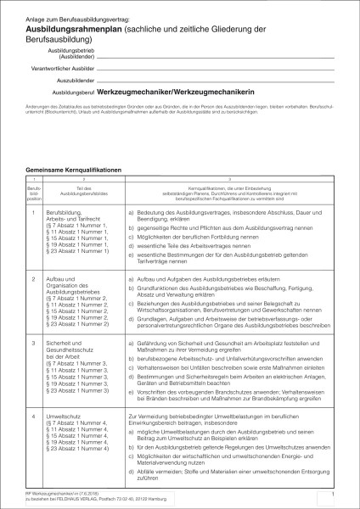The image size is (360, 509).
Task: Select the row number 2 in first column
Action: (32, 278)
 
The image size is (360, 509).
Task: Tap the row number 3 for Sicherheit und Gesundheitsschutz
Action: (32, 343)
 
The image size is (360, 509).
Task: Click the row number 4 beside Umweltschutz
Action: (32, 417)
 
